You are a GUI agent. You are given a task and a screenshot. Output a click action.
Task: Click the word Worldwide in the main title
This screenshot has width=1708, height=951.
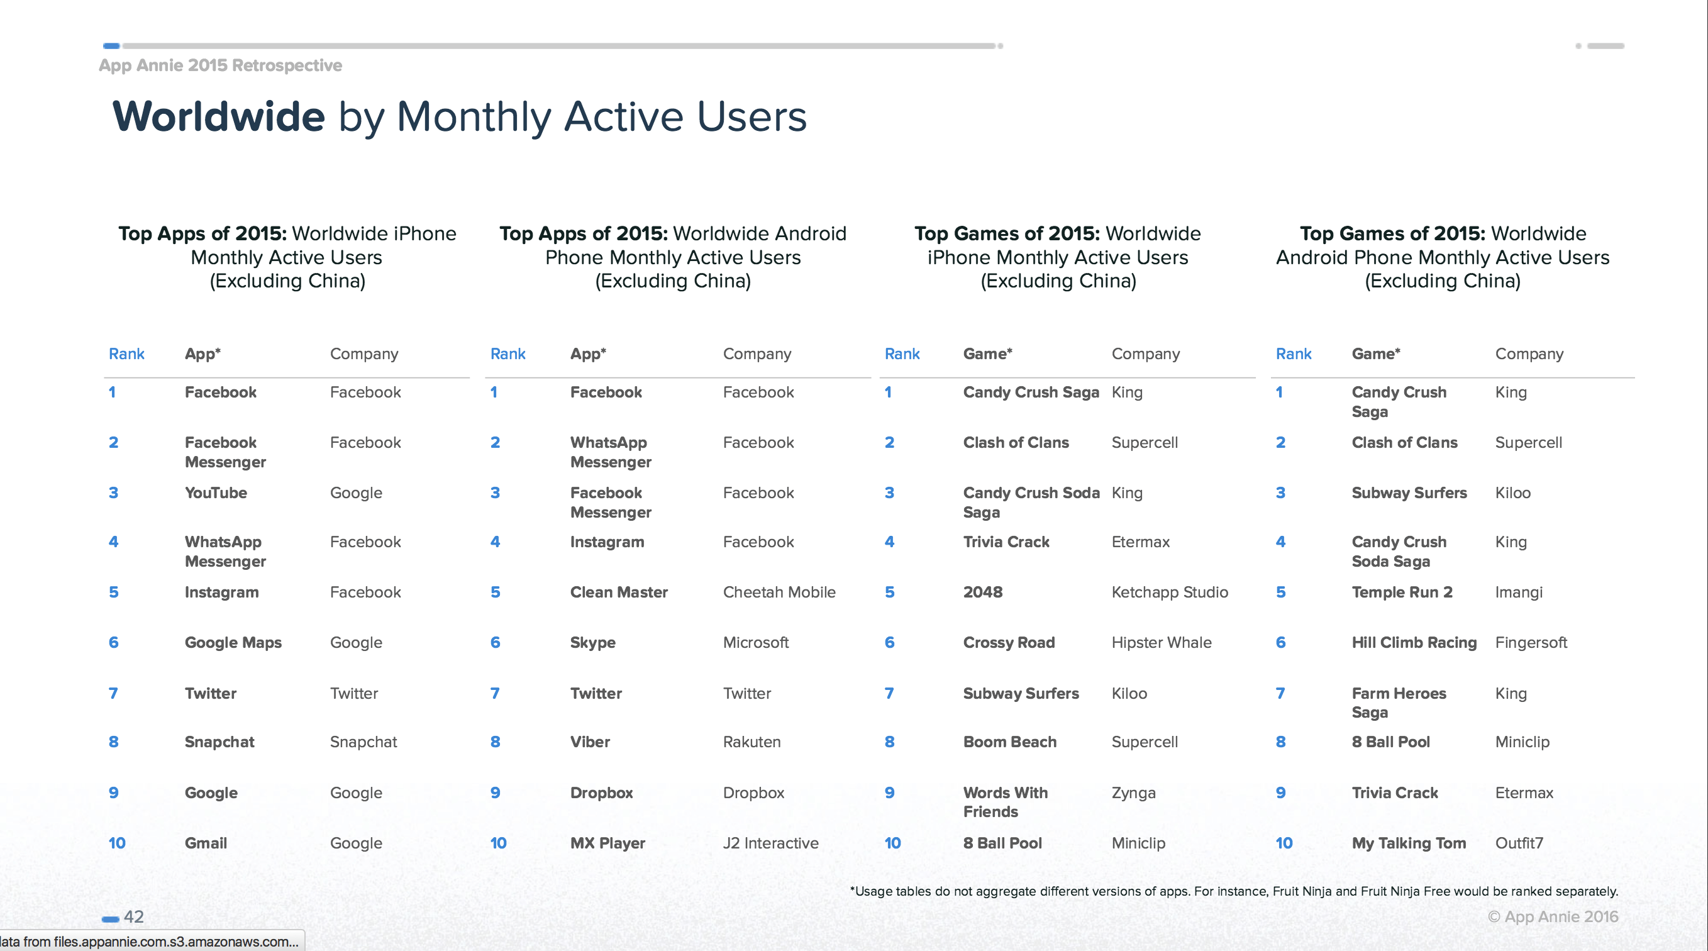[219, 116]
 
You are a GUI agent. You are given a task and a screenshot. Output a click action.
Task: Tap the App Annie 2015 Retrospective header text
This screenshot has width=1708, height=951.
[220, 65]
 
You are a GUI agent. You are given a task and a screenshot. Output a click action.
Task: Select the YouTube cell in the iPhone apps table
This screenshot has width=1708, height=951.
[216, 492]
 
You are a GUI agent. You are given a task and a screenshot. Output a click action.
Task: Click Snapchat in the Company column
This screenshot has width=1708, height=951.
[363, 742]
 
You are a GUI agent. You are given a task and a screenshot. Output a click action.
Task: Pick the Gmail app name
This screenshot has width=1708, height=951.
[206, 843]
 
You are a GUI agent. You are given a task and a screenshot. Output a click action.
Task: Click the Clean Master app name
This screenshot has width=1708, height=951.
[619, 592]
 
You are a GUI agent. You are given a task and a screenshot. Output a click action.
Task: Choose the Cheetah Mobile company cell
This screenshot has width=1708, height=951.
[779, 592]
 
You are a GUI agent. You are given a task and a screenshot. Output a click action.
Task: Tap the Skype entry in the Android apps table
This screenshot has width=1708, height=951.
[593, 643]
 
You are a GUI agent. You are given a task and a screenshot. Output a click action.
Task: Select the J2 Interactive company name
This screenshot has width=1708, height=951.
[770, 843]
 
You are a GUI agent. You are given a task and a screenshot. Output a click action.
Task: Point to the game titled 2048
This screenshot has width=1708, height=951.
[983, 592]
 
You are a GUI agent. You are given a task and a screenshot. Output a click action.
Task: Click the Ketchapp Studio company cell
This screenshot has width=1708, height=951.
[1170, 592]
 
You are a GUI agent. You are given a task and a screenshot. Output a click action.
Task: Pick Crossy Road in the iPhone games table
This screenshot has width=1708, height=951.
[1009, 643]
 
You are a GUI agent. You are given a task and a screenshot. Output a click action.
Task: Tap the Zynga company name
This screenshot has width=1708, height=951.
[1133, 793]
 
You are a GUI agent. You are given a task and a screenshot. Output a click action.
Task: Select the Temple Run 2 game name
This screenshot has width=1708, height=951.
[1402, 592]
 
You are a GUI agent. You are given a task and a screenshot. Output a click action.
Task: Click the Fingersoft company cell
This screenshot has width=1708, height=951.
[1531, 643]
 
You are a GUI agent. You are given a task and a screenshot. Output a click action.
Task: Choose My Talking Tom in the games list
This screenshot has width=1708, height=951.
[1409, 843]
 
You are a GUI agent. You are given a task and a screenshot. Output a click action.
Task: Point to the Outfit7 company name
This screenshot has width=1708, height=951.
[1519, 843]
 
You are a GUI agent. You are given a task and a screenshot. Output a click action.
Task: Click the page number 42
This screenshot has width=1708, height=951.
[133, 916]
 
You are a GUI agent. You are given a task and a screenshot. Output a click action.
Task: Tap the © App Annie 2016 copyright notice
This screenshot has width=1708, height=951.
[1553, 916]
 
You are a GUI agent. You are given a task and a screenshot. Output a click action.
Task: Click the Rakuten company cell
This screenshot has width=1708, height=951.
[752, 742]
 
